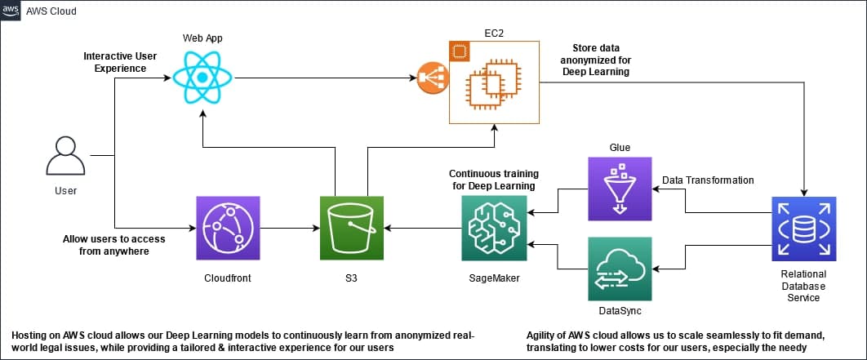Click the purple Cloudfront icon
click(228, 228)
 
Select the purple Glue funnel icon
click(620, 189)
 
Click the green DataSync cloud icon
click(620, 268)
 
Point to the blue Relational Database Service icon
click(803, 229)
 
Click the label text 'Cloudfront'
click(228, 278)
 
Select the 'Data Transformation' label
click(707, 180)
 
